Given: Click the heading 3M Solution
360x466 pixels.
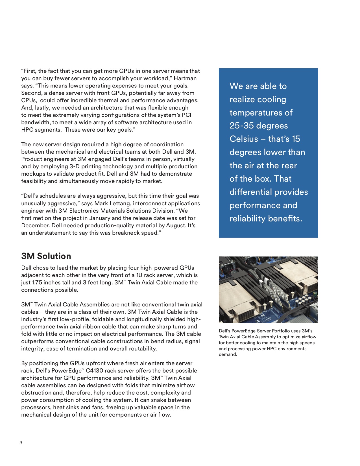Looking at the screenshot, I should coord(46,256).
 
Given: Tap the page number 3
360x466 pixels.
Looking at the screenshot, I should coord(21,443).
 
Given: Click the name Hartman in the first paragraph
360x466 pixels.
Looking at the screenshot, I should coord(185,78).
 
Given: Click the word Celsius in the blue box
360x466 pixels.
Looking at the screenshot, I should coord(244,139).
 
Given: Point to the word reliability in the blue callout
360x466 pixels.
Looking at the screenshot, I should coord(248,219).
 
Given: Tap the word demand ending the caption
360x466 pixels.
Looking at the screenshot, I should coord(227,354).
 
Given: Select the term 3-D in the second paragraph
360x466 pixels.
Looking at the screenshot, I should coord(75,166).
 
